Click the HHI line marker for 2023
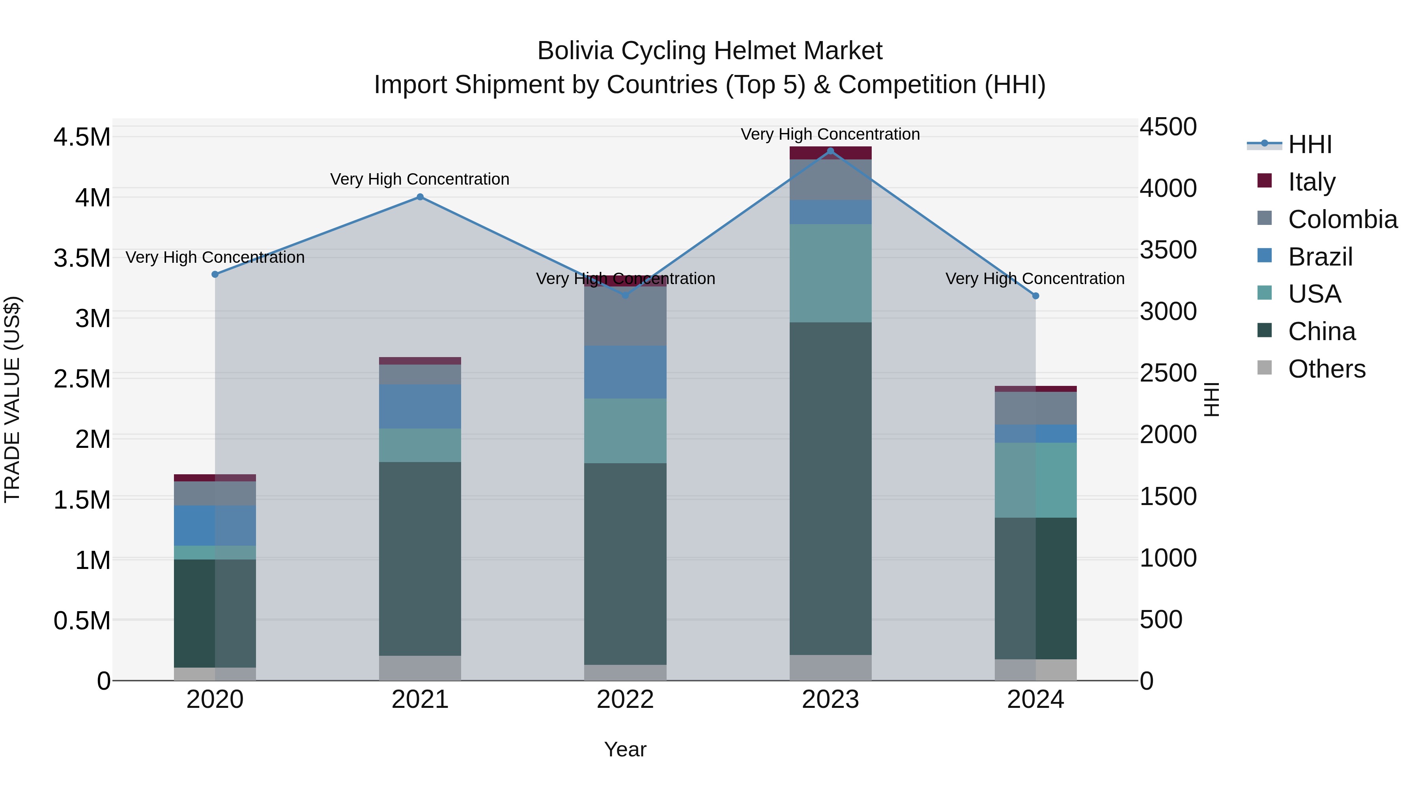[830, 151]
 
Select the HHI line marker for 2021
[420, 197]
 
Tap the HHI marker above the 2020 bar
[215, 274]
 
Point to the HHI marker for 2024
[1035, 296]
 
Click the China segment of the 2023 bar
[830, 488]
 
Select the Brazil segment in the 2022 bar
[625, 372]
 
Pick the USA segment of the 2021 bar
[420, 445]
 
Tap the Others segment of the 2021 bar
[420, 668]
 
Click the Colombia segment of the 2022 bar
[625, 316]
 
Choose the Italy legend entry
[1312, 182]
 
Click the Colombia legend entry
[1342, 219]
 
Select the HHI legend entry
[1309, 144]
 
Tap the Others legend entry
[1326, 369]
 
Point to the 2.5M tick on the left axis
[82, 379]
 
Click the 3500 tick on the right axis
[1168, 250]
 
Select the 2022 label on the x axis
[625, 700]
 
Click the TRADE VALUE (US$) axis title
[12, 399]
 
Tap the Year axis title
[625, 749]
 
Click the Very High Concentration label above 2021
[420, 179]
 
